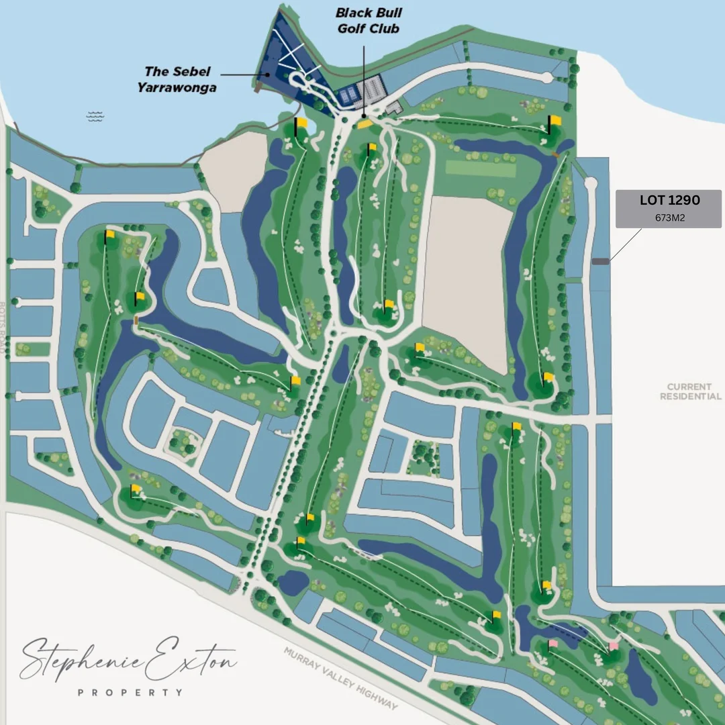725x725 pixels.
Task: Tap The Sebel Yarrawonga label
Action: pos(177,79)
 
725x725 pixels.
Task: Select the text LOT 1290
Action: pos(669,200)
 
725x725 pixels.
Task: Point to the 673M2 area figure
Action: pos(669,217)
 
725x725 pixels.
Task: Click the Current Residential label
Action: pos(690,391)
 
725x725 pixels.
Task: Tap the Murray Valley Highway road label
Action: pos(340,679)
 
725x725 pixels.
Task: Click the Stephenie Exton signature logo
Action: pos(128,659)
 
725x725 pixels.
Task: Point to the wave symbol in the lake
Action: pos(95,117)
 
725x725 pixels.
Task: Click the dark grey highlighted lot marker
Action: pos(600,261)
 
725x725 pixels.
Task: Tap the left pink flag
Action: pos(552,644)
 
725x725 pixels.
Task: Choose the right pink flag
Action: pos(613,646)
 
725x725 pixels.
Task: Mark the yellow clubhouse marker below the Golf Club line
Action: pos(365,124)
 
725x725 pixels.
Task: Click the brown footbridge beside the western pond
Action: pos(136,320)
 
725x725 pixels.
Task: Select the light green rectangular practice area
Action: pos(481,168)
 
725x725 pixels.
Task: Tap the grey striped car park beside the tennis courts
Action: pos(372,88)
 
